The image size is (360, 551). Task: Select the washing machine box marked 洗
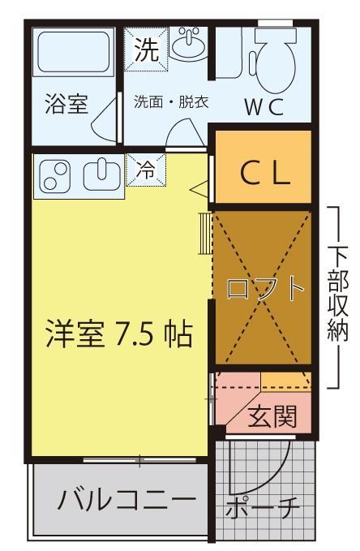[146, 50]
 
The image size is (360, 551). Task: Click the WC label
[264, 107]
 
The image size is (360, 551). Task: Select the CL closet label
[261, 174]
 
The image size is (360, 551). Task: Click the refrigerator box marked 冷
[147, 171]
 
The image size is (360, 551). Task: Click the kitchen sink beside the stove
[102, 174]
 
